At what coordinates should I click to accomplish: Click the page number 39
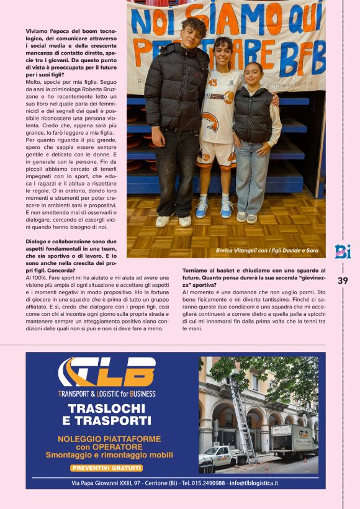coord(343,281)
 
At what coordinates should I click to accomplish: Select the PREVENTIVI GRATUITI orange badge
coord(107,467)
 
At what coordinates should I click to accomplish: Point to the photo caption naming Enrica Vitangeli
coord(268,250)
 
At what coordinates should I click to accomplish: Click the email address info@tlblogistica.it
coord(253,483)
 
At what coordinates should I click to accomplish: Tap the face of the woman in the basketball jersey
coord(223,51)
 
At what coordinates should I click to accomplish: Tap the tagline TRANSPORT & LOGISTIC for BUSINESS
coord(107,394)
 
